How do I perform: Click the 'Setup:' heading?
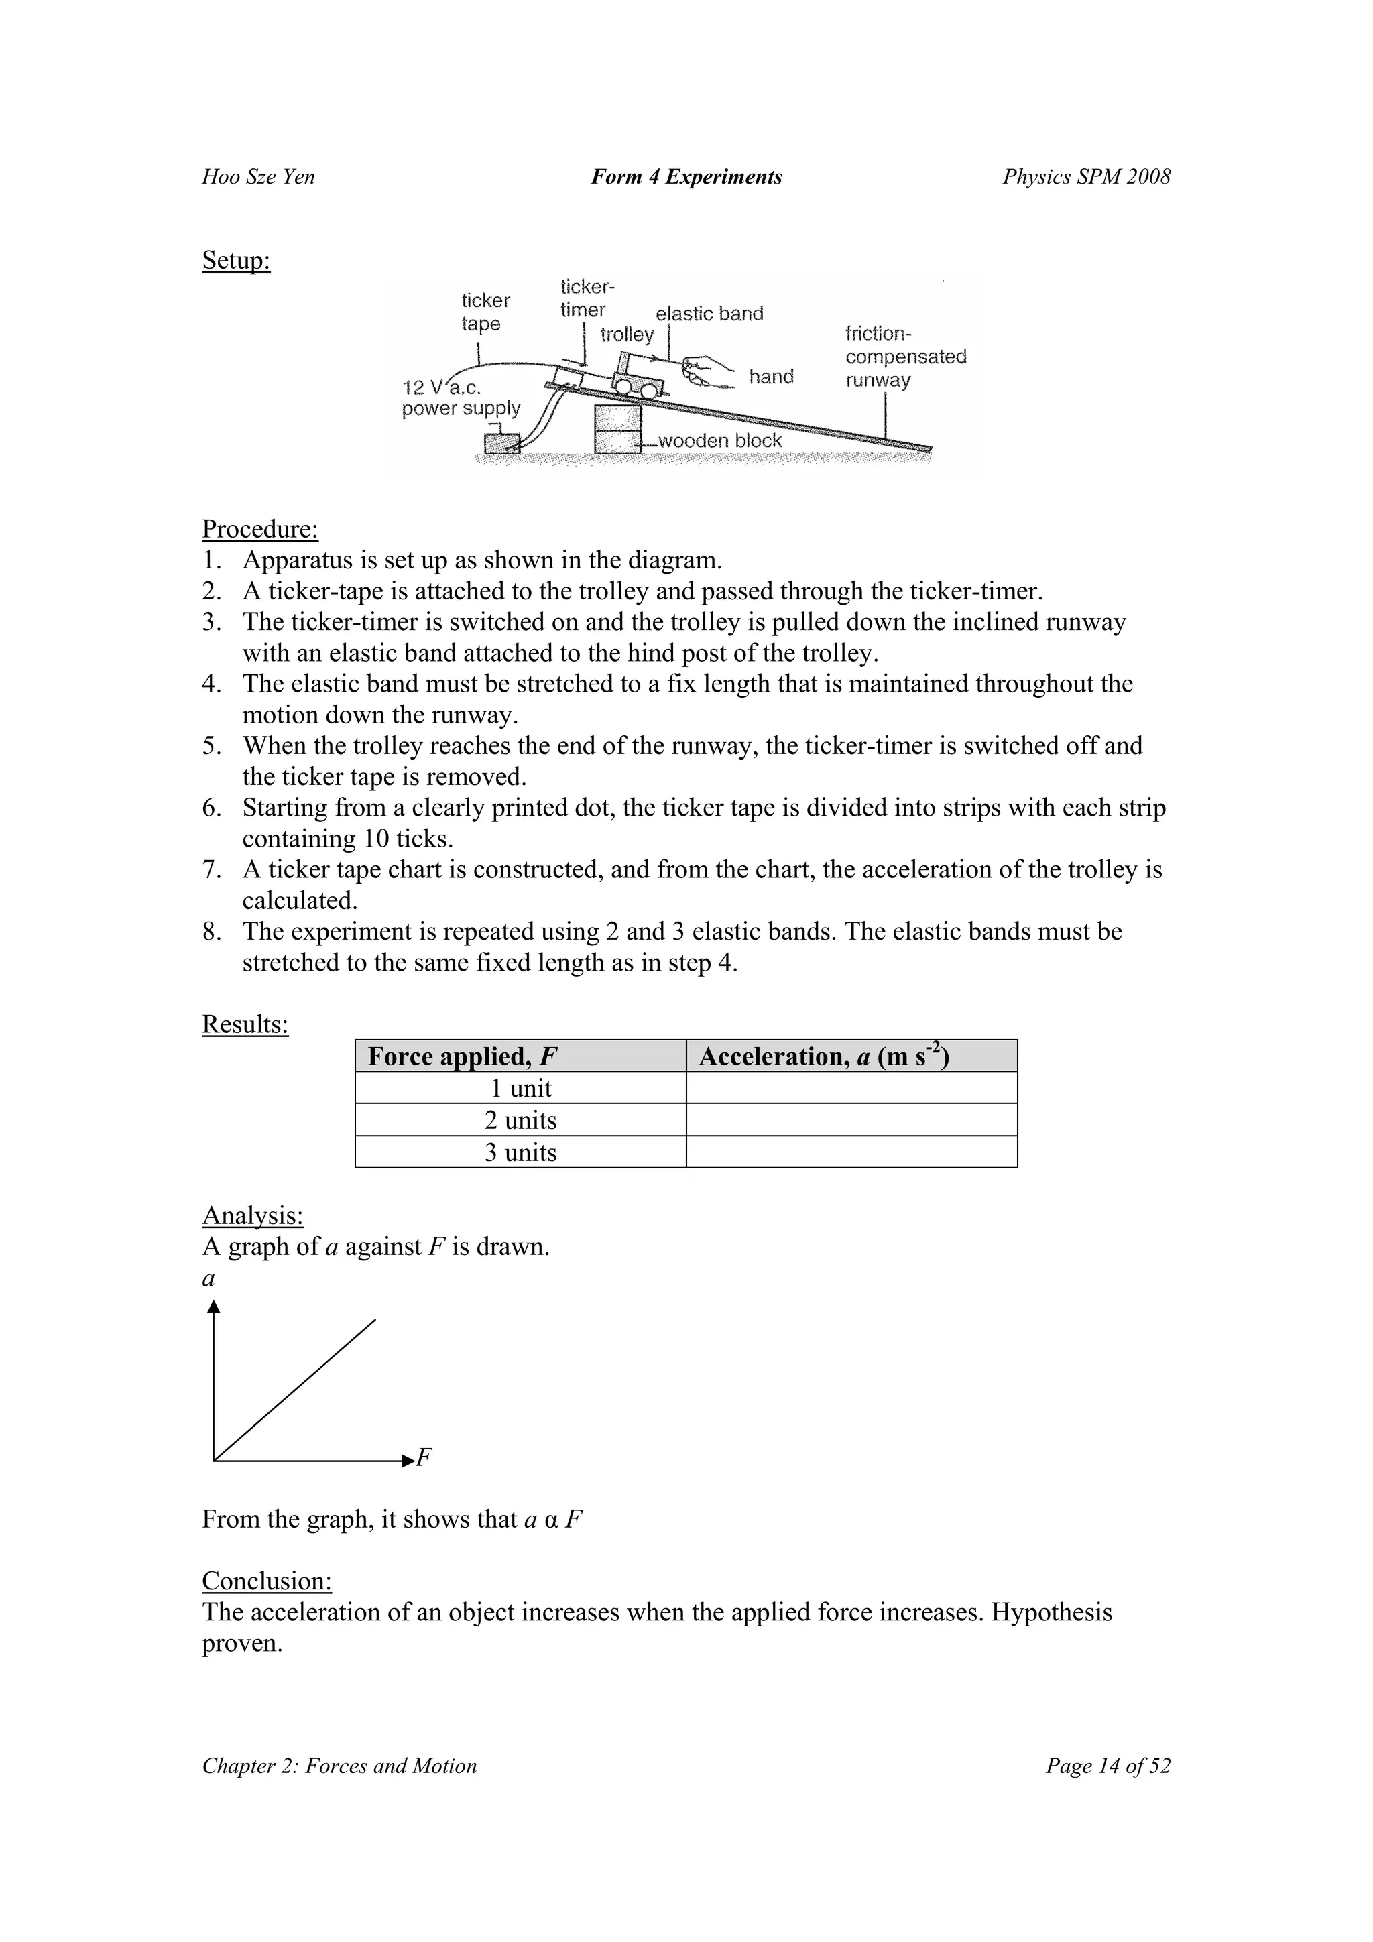pyautogui.click(x=236, y=261)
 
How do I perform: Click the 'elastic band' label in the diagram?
pyautogui.click(x=709, y=314)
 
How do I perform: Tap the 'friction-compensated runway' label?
pyautogui.click(x=905, y=357)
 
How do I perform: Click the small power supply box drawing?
pyautogui.click(x=501, y=443)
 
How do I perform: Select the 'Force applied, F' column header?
pyautogui.click(x=462, y=1056)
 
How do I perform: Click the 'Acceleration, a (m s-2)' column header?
pyautogui.click(x=824, y=1056)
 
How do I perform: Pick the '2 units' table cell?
pyautogui.click(x=520, y=1120)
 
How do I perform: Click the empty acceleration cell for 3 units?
pyautogui.click(x=851, y=1152)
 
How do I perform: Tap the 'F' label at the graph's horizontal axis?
pyautogui.click(x=424, y=1457)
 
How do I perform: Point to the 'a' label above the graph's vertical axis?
pyautogui.click(x=208, y=1279)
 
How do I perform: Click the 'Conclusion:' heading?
pyautogui.click(x=266, y=1581)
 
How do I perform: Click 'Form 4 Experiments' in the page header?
pyautogui.click(x=686, y=177)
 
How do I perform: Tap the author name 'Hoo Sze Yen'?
pyautogui.click(x=258, y=177)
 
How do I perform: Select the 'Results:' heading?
pyautogui.click(x=245, y=1024)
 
